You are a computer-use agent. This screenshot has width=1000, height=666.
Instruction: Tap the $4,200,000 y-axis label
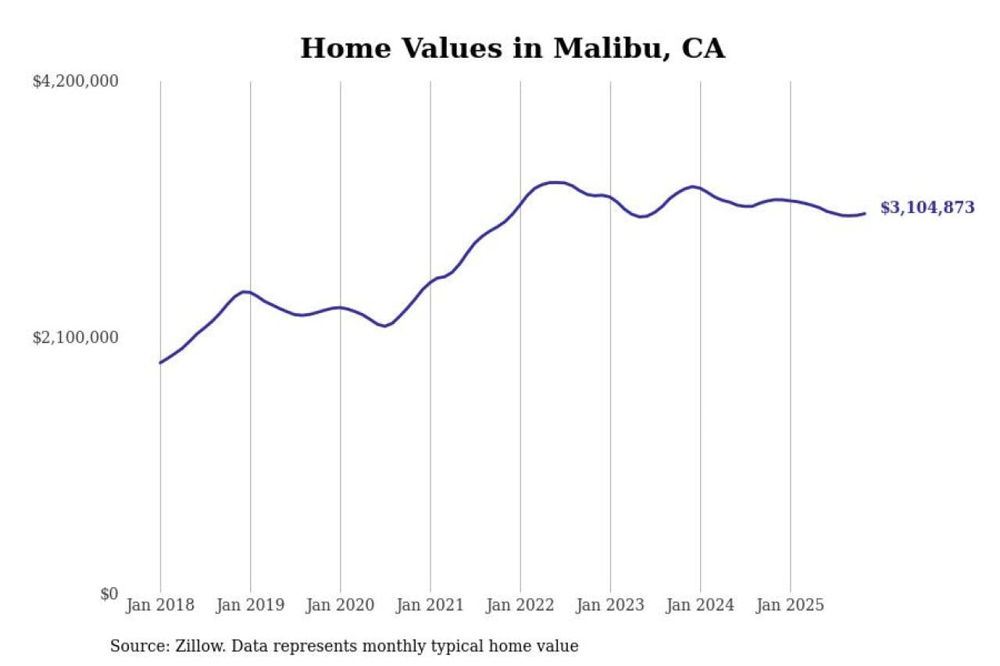point(75,81)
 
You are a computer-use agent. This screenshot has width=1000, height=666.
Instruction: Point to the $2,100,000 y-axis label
point(75,337)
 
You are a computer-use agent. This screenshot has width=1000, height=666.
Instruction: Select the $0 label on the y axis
point(109,594)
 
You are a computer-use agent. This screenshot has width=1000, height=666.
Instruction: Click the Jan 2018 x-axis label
point(160,606)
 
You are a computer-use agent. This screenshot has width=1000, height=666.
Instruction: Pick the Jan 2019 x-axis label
point(250,606)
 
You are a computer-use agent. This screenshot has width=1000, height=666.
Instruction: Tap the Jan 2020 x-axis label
point(340,606)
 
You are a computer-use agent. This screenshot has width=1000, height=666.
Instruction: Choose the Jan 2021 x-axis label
point(430,606)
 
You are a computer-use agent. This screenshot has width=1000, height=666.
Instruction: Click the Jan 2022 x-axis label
point(520,606)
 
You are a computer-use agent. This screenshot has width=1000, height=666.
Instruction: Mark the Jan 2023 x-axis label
point(610,606)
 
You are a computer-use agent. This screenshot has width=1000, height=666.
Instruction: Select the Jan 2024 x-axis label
point(700,606)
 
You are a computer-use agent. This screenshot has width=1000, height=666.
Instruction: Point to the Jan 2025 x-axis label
point(790,606)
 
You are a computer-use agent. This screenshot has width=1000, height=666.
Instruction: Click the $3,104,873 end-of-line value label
point(927,208)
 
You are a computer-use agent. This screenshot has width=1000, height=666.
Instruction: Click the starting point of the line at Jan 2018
point(160,362)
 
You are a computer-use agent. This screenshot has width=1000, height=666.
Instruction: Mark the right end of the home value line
point(864,213)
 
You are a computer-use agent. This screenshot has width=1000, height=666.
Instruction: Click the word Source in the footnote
point(135,646)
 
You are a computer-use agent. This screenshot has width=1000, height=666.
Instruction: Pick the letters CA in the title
point(703,48)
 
